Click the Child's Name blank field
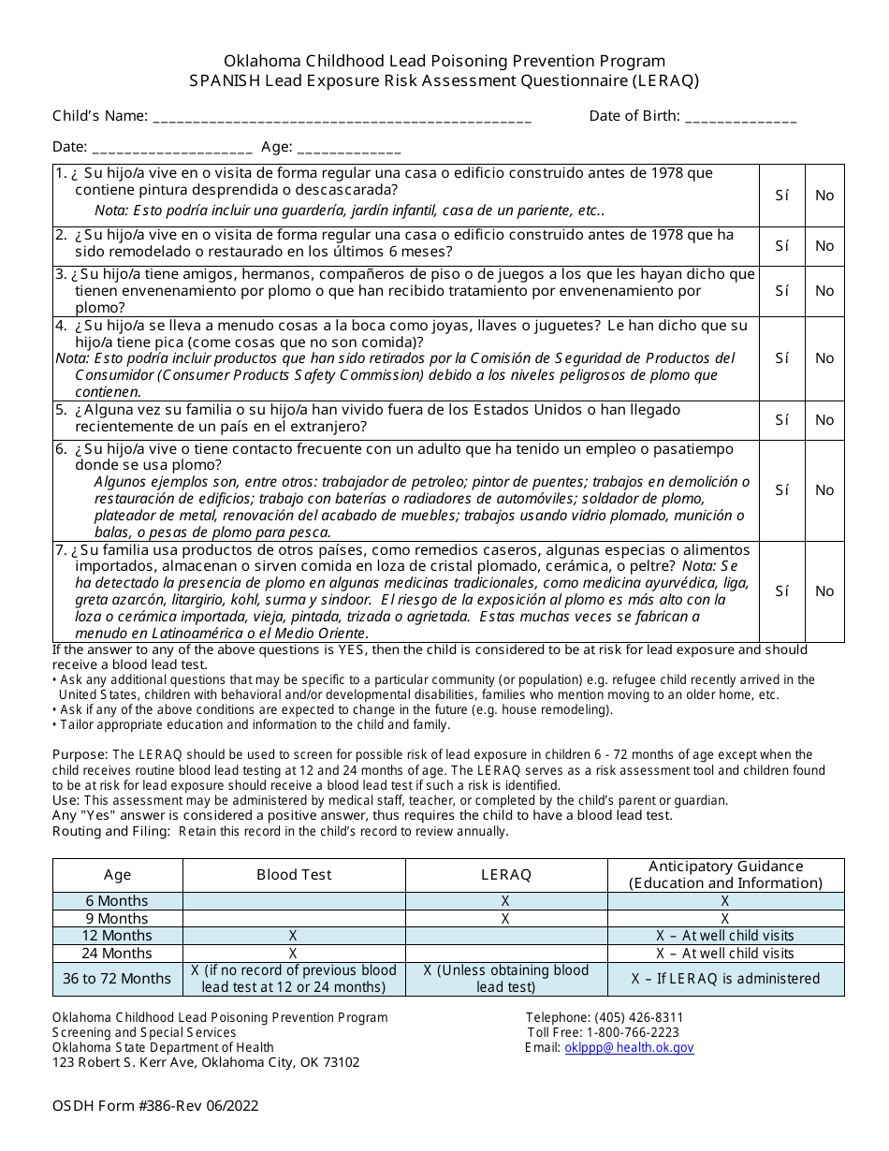pos(342,118)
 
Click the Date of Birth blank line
pos(741,118)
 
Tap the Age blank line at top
pos(349,148)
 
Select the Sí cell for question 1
pos(782,196)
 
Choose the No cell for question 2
pos(824,246)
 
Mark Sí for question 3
pos(782,291)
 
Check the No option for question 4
pos(824,358)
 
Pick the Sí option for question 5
pos(782,420)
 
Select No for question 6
pos(824,490)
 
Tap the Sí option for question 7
pos(782,591)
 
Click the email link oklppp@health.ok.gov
pos(629,1048)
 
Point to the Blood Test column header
pos(294,875)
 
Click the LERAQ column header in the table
pos(505,875)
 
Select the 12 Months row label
pos(117,936)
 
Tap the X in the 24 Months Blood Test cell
pos(293,954)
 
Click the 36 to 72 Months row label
pos(117,979)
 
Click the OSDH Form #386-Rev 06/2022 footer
pos(155,1106)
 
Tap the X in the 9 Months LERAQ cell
pos(505,919)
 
